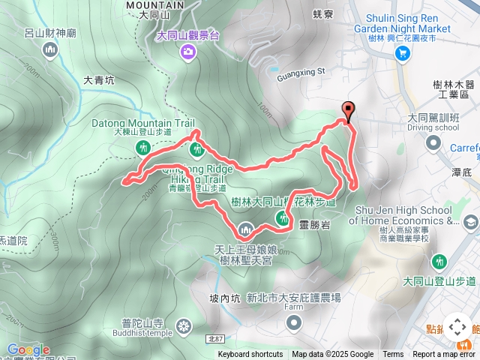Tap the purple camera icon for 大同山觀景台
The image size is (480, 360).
187,51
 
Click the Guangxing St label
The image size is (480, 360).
298,72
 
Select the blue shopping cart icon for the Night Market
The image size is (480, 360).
403,52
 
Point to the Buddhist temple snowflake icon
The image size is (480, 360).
184,326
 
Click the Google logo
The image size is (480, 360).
28,349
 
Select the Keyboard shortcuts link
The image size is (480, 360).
250,355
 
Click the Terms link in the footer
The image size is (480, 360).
393,355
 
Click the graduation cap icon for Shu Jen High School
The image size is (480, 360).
469,221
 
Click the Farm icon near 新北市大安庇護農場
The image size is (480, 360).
294,323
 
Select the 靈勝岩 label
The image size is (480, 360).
313,223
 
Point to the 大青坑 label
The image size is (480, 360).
98,79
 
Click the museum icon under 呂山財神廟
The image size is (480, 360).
51,50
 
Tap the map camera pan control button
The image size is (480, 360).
457,327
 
